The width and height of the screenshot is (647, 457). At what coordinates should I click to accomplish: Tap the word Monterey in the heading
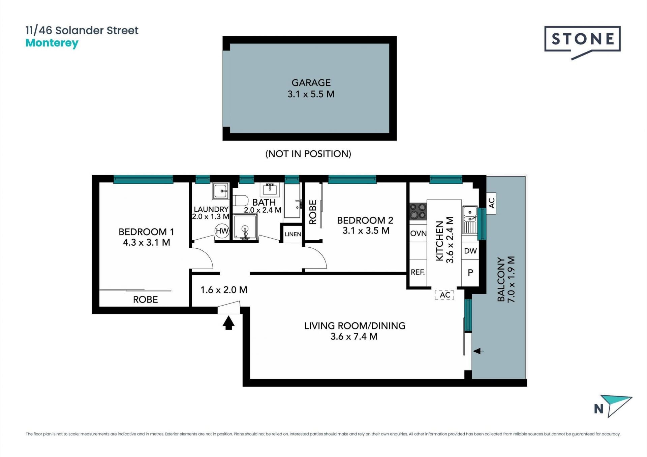52,43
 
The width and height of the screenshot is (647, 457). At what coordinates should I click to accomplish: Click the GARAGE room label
311,82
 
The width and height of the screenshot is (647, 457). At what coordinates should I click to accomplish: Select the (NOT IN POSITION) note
308,154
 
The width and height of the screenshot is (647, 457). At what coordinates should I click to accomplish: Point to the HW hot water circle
222,231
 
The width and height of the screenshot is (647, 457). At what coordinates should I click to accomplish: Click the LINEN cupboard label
293,234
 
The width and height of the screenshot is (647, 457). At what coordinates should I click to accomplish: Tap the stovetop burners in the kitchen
418,211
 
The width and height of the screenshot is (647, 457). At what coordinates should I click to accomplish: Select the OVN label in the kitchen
418,233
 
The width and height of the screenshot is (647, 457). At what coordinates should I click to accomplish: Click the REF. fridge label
418,272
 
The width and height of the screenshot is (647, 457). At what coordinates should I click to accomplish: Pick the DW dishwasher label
470,251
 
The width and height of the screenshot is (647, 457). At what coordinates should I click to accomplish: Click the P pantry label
470,272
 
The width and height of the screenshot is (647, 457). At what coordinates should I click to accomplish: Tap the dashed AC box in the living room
444,295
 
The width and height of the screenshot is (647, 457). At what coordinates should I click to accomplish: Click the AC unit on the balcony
491,203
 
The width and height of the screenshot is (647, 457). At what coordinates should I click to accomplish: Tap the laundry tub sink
221,191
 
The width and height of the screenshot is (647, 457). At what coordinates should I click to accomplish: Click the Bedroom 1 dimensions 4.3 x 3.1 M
147,242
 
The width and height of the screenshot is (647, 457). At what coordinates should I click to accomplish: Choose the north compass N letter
598,409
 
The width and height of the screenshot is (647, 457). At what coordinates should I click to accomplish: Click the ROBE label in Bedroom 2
313,212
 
